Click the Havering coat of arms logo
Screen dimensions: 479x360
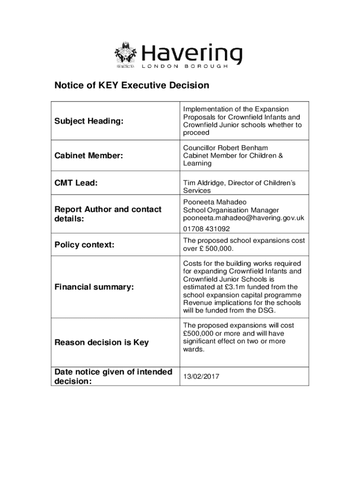(x=125, y=56)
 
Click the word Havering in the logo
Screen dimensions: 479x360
(x=192, y=54)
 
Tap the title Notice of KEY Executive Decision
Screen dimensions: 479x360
(x=132, y=86)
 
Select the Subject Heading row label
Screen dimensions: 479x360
(x=89, y=121)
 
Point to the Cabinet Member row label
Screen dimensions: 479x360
(x=89, y=156)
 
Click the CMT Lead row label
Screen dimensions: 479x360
(x=76, y=183)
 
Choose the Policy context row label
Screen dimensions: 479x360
(x=85, y=245)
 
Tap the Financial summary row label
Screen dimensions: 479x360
(x=94, y=287)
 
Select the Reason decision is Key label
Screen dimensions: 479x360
(x=102, y=342)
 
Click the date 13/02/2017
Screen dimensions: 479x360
(x=202, y=377)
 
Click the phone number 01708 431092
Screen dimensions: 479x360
(x=207, y=229)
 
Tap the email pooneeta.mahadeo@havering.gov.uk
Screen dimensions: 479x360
(x=244, y=218)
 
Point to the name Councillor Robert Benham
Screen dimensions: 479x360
(x=225, y=148)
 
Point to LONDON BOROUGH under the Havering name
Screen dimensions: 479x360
(x=185, y=66)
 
